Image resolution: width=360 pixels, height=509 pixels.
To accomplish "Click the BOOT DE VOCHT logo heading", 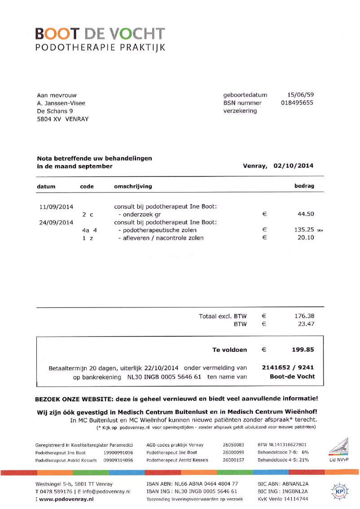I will (x=100, y=34).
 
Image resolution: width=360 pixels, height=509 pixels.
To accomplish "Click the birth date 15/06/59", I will (x=300, y=95).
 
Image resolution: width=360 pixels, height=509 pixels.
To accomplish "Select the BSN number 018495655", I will (x=297, y=103).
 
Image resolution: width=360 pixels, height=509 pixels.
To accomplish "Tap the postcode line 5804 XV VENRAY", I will (x=62, y=119).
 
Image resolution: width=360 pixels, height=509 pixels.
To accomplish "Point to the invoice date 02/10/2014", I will (x=293, y=166).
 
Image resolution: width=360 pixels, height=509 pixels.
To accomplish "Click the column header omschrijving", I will (x=133, y=186).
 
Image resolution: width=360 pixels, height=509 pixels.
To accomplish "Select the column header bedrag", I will (x=304, y=186).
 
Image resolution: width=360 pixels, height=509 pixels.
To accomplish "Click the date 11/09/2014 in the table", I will (x=56, y=206).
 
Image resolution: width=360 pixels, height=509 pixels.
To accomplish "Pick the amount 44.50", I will (x=306, y=214).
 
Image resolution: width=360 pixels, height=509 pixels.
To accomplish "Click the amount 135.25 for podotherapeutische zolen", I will (x=304, y=230).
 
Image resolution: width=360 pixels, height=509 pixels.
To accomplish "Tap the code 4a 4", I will (x=89, y=230).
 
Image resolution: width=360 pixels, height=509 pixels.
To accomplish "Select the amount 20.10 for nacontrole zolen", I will (x=306, y=237).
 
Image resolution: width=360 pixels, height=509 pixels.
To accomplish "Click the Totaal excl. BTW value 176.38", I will (x=304, y=316).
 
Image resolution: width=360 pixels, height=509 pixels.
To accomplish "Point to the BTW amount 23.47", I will (x=306, y=324).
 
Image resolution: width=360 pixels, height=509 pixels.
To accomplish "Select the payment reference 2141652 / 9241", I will (x=288, y=368).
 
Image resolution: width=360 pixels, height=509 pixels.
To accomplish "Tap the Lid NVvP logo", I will (x=338, y=451).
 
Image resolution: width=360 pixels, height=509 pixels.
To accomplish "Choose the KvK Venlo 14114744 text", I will (x=283, y=499).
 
